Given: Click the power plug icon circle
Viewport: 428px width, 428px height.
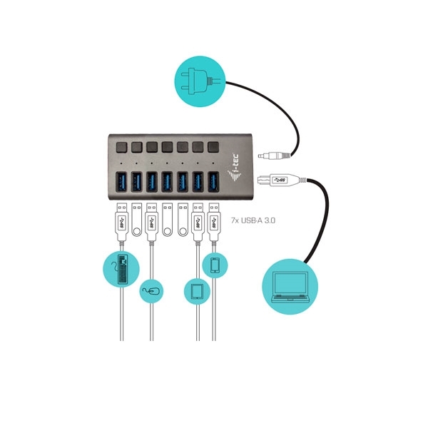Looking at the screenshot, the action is (200, 81).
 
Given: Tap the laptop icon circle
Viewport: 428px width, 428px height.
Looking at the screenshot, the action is (290, 287).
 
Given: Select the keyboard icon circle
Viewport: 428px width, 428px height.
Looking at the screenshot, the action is (121, 269).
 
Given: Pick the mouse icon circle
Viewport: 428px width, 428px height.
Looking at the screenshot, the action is (151, 291).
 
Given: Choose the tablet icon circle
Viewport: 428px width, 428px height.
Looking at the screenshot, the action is (197, 292).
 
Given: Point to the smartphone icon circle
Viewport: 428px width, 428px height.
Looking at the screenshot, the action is (215, 265).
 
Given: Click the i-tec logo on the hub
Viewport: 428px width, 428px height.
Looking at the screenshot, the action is (235, 168).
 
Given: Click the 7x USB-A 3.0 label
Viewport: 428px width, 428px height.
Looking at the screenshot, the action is (253, 220).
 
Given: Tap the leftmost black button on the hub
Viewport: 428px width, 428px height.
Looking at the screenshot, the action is (121, 147).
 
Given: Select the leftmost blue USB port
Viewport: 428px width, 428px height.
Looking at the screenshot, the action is (121, 181).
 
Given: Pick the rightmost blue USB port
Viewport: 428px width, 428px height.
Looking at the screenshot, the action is (213, 181).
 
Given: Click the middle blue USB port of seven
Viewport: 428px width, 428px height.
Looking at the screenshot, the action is (168, 181).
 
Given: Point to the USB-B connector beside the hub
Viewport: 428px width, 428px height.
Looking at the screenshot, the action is (278, 180).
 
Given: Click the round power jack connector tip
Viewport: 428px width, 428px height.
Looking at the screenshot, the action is (260, 156).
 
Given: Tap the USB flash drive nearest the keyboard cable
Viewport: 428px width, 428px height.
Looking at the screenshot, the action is (137, 220).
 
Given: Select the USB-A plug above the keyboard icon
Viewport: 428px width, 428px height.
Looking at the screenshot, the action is (122, 222).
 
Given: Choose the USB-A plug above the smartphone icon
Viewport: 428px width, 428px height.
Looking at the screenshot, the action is (214, 222).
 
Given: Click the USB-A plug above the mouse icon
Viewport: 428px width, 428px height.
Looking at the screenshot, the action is (151, 222).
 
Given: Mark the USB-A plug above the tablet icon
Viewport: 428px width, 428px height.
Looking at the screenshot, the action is (198, 222).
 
